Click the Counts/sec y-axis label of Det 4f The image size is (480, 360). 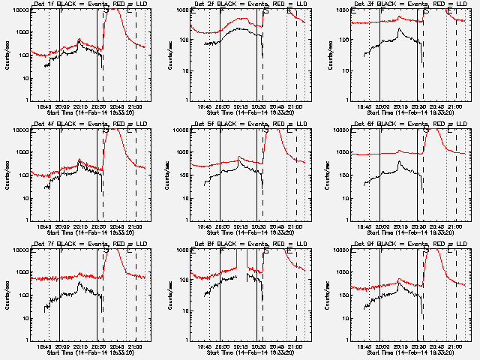[6, 175]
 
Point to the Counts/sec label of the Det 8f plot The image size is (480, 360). [166, 295]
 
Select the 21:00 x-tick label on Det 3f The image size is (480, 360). [456, 107]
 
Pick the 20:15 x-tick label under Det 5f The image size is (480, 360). [241, 227]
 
